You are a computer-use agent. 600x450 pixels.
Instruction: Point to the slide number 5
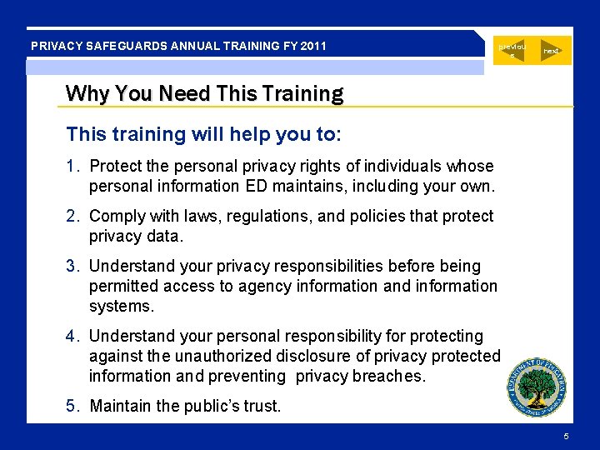click(x=567, y=437)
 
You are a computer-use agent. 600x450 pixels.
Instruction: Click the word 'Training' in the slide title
click(x=302, y=93)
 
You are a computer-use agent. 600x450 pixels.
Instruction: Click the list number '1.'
click(x=74, y=167)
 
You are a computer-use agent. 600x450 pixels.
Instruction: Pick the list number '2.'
click(x=74, y=217)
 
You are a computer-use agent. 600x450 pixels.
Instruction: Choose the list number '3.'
click(x=74, y=267)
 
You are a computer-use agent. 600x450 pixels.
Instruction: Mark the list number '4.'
click(x=74, y=337)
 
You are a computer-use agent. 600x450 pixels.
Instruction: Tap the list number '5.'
click(x=74, y=407)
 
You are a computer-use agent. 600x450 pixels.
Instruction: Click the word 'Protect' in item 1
click(x=115, y=167)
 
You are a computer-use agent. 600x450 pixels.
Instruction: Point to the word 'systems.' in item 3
click(x=122, y=307)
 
